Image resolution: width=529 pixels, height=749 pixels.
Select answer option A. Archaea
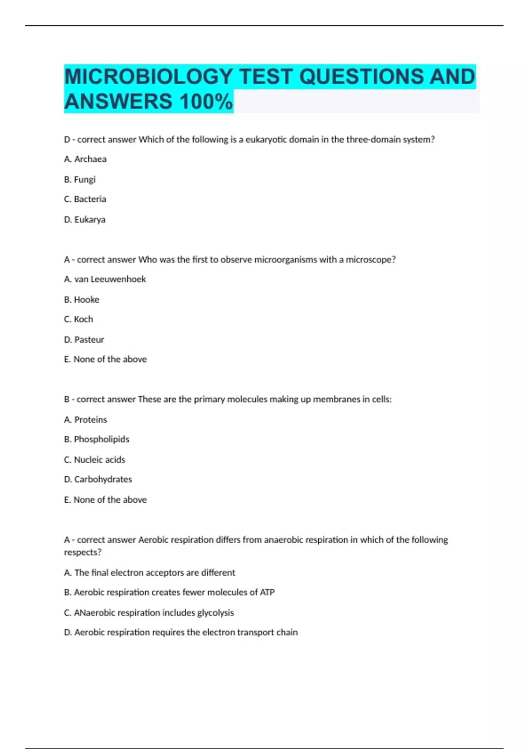[85, 159]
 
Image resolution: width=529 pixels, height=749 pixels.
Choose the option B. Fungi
[80, 179]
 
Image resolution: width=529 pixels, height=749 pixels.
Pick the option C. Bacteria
[85, 199]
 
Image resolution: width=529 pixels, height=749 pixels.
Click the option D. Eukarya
[85, 219]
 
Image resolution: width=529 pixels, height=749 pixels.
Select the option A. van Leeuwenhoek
[105, 279]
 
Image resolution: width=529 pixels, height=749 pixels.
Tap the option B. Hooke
[82, 300]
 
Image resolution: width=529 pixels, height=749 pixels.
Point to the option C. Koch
[78, 319]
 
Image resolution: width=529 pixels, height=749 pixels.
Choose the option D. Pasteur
[84, 340]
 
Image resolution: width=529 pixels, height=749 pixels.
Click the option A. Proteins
[86, 420]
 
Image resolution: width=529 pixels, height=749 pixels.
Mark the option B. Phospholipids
[97, 439]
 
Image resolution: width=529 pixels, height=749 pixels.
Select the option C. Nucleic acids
[94, 460]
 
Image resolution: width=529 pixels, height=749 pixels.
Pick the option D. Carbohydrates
[98, 479]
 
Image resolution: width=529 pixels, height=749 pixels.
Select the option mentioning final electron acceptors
[149, 573]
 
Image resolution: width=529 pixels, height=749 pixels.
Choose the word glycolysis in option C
[215, 613]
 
